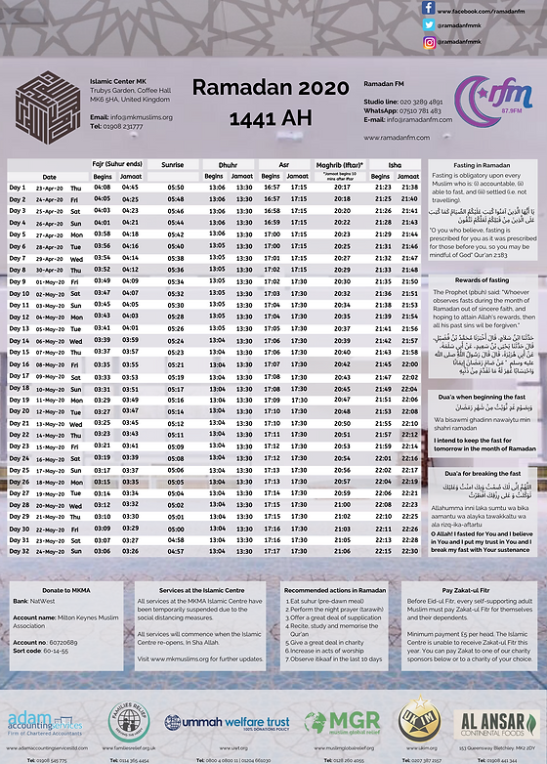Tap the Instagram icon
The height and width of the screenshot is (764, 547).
coord(428,42)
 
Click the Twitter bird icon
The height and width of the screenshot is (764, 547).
coord(428,25)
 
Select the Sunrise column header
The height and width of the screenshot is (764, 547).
coord(172,166)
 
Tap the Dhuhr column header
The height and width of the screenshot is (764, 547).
coord(228,166)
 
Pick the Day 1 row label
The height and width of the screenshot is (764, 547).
coord(18,187)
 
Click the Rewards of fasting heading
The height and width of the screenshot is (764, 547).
coord(478,280)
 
